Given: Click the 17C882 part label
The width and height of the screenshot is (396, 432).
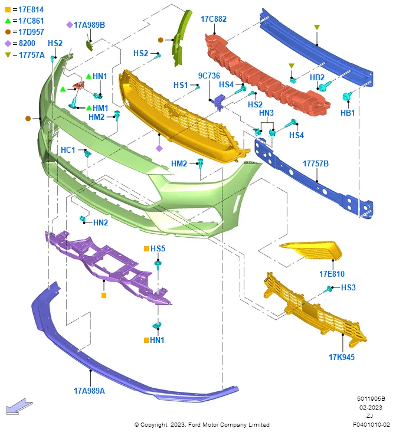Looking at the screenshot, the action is [214, 19].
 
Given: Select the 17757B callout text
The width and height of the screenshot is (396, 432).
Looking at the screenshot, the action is [316, 163].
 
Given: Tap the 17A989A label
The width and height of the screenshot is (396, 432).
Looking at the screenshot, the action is [89, 391].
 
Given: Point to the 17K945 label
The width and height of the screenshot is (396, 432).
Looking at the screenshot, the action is [342, 357].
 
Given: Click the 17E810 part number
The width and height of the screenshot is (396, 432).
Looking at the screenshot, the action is [332, 274].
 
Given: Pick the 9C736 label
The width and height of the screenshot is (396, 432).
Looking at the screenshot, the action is [209, 76].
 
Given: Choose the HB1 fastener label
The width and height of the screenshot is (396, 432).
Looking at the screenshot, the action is [348, 113].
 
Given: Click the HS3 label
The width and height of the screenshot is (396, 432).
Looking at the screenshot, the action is [348, 287].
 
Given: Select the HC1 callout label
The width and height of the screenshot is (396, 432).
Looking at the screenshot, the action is [68, 150].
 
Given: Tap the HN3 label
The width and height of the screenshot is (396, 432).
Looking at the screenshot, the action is [266, 113].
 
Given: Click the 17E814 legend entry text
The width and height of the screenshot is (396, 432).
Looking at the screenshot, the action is [31, 9].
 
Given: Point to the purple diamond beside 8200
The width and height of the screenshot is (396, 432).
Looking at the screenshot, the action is [8, 44].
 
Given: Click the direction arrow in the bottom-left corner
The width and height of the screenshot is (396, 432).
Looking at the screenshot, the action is [19, 406].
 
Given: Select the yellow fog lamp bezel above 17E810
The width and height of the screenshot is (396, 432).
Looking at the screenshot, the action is [312, 250].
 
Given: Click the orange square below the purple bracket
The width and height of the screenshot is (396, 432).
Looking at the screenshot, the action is [104, 295].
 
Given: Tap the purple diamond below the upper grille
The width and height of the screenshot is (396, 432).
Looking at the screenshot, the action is [159, 149].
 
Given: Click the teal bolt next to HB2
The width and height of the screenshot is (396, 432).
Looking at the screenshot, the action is [325, 86].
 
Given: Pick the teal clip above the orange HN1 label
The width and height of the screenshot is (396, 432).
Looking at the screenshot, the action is [157, 325].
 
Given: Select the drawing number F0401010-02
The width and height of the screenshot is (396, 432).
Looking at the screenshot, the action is [371, 424].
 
